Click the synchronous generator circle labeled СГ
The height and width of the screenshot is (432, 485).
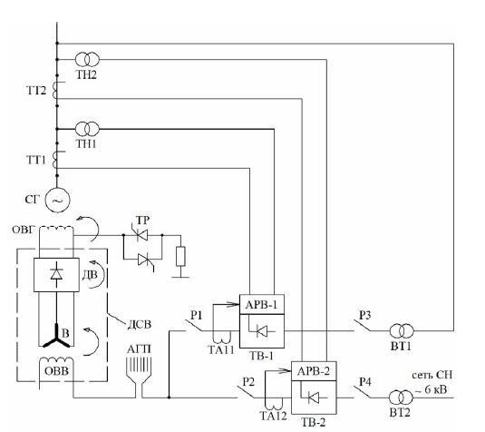[57, 200]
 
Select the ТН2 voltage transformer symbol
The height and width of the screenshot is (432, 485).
[87, 59]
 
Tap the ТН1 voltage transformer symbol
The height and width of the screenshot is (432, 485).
[87, 129]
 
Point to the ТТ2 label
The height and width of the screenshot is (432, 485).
[36, 91]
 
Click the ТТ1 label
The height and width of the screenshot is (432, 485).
[36, 160]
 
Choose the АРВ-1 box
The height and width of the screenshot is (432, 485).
[262, 304]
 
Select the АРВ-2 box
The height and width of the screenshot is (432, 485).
[314, 371]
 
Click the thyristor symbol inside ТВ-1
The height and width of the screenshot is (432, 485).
[262, 331]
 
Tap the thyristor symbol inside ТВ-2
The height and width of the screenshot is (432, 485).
[314, 398]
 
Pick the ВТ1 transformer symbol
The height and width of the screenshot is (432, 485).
[402, 331]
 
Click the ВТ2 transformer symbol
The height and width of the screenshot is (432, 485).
[401, 398]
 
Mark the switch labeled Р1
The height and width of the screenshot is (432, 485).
[194, 326]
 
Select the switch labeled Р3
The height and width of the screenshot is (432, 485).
[363, 326]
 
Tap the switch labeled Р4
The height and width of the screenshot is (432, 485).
[363, 392]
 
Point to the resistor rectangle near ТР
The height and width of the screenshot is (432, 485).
[180, 257]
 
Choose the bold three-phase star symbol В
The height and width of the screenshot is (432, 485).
[56, 337]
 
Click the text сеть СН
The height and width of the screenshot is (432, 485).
[432, 375]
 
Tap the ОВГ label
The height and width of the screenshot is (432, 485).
[24, 230]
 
